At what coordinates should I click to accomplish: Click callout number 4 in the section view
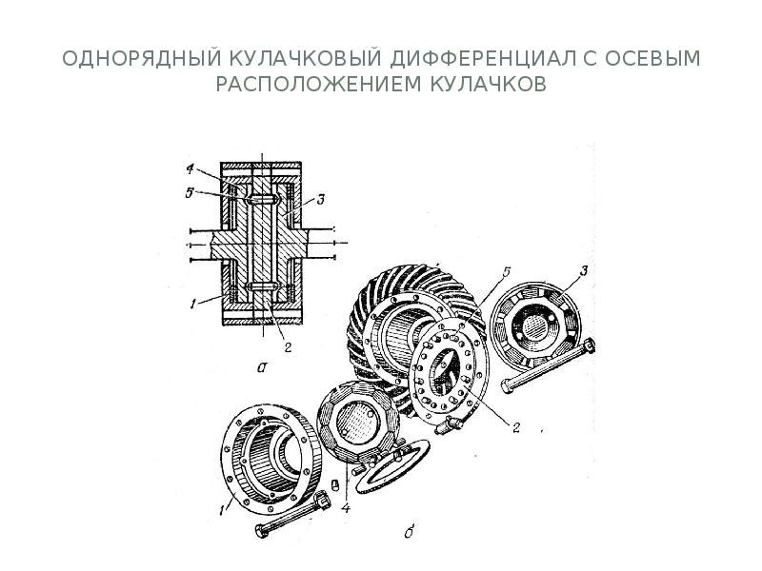(190, 171)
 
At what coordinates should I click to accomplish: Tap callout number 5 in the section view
(190, 192)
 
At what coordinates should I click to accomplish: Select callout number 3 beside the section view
(322, 199)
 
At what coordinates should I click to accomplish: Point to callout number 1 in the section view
(193, 305)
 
